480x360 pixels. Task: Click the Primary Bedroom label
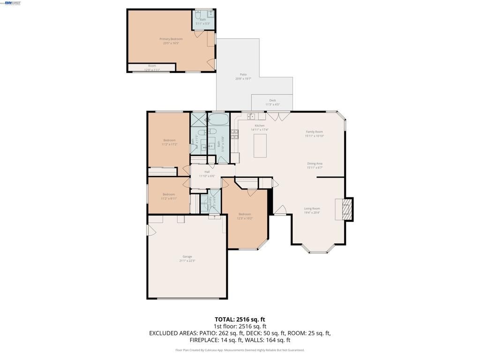171,39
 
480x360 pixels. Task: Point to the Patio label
243,75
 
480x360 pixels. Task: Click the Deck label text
272,100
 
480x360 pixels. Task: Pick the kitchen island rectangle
260,145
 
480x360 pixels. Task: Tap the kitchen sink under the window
251,116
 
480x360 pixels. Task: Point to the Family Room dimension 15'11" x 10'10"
315,136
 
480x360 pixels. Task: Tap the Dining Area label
315,164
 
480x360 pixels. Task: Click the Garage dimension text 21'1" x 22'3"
187,261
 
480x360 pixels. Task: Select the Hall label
207,172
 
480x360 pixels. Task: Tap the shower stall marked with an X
199,119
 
